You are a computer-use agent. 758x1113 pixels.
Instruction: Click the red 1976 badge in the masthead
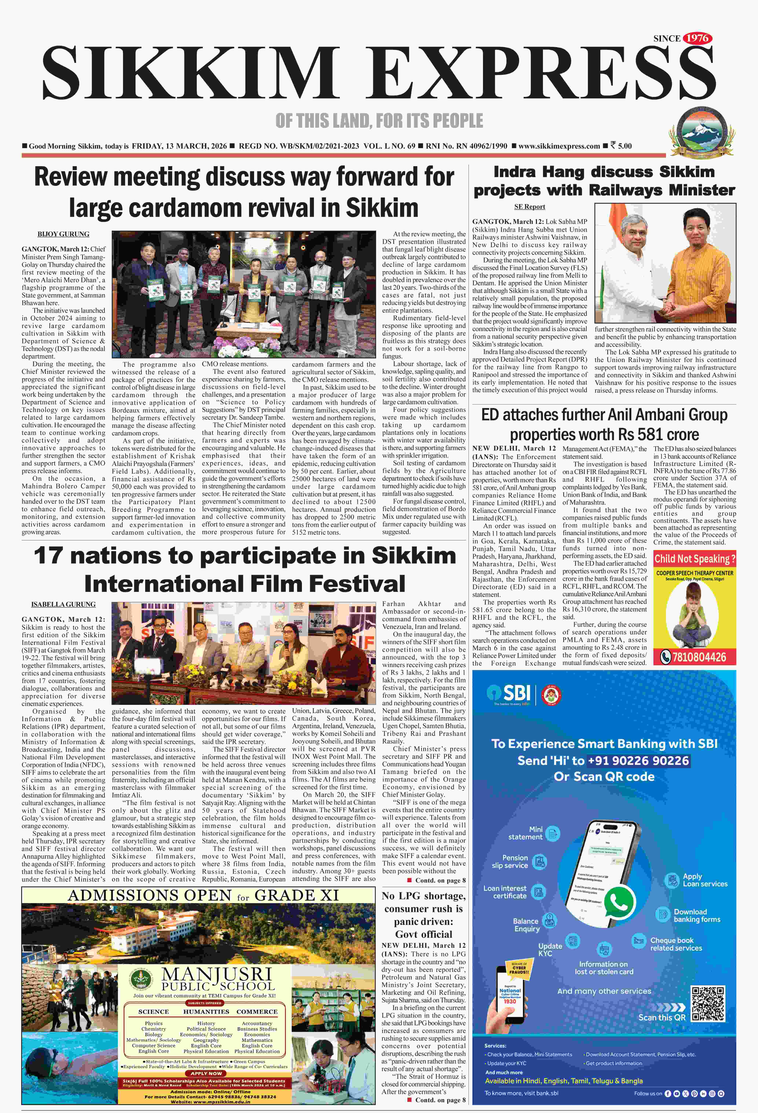[697, 38]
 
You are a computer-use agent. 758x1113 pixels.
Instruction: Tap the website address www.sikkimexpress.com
[559, 146]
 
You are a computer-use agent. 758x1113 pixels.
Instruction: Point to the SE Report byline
[530, 207]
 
